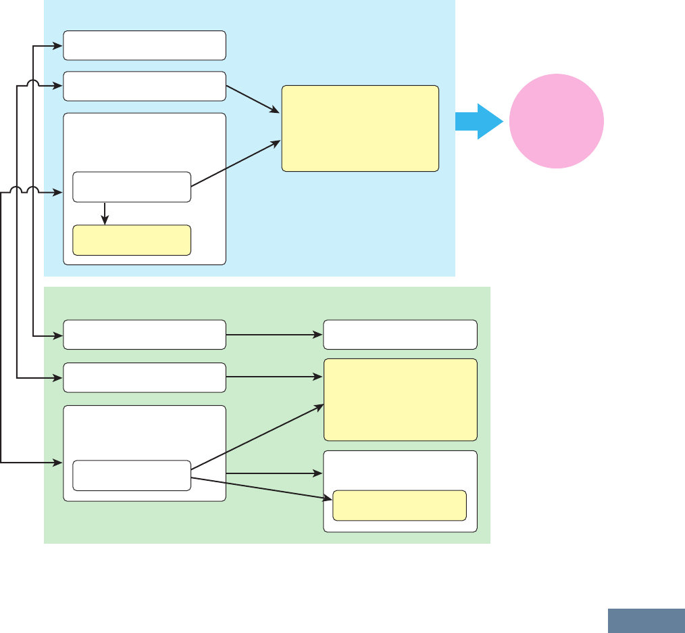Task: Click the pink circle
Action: tap(556, 121)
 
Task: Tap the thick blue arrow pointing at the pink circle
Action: tap(478, 121)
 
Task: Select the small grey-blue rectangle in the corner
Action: tap(646, 621)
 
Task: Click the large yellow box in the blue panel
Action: tap(360, 128)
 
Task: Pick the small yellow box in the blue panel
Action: tap(132, 240)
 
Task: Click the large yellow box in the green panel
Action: tap(401, 400)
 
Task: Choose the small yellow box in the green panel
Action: tap(399, 505)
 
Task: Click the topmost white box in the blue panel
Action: tap(145, 45)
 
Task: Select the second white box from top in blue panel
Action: tap(145, 87)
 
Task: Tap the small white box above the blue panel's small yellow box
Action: tap(132, 187)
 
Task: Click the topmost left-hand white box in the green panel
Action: tap(145, 335)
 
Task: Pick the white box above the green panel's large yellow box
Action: tap(401, 335)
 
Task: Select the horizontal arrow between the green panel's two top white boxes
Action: tap(274, 335)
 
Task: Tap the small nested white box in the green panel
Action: tap(132, 475)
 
